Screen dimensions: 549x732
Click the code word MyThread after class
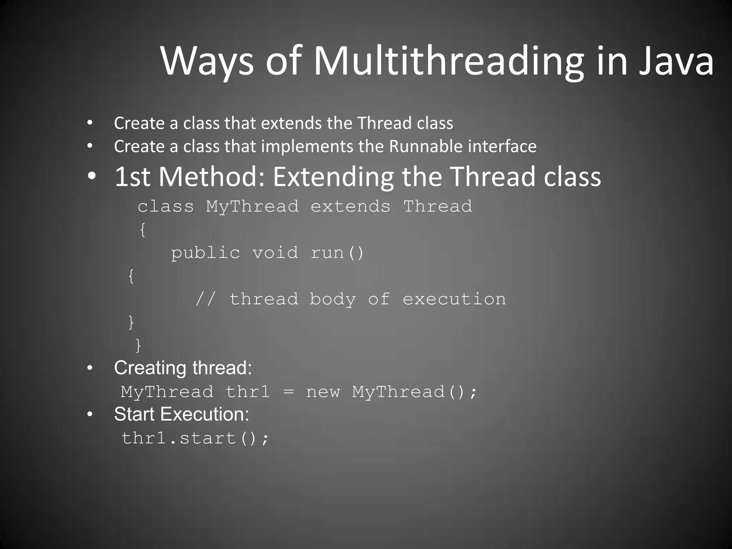click(x=252, y=207)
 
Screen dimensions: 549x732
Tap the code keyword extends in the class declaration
click(x=350, y=207)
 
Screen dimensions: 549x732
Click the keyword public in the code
click(x=206, y=253)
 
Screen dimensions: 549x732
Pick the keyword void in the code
click(x=275, y=253)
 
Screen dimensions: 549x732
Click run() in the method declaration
click(x=337, y=253)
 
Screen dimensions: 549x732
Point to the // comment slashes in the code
click(x=206, y=299)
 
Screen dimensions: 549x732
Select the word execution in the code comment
click(x=454, y=299)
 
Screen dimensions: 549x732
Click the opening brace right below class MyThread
click(x=143, y=229)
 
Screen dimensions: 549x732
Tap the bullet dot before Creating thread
click(x=90, y=368)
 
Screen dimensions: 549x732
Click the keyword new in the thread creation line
click(x=323, y=392)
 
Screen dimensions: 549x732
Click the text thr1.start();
click(x=195, y=438)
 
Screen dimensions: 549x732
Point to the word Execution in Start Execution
click(x=204, y=414)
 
